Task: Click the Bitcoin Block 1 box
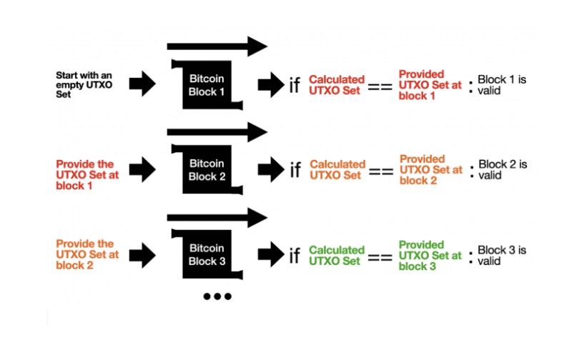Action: [207, 85]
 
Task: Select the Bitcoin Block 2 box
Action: [207, 170]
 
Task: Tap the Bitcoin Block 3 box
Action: [207, 255]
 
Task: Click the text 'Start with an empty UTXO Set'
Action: [84, 85]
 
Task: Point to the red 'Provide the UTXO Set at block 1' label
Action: [87, 175]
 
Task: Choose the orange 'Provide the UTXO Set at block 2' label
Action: [87, 255]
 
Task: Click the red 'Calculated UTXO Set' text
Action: [337, 85]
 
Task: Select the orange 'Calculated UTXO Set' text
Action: [337, 170]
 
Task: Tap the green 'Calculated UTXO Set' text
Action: [337, 256]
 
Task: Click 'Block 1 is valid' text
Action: [502, 85]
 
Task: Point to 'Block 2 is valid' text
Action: [503, 170]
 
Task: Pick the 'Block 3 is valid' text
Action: [502, 256]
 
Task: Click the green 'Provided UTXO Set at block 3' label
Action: [430, 256]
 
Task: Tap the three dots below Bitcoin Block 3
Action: [217, 296]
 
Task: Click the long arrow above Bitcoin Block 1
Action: [217, 46]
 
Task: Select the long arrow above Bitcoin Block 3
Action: [217, 218]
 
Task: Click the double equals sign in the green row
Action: [380, 257]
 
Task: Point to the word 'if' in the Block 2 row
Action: [295, 170]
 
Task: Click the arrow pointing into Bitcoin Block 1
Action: [142, 84]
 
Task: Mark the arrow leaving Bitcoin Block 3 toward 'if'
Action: [271, 255]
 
